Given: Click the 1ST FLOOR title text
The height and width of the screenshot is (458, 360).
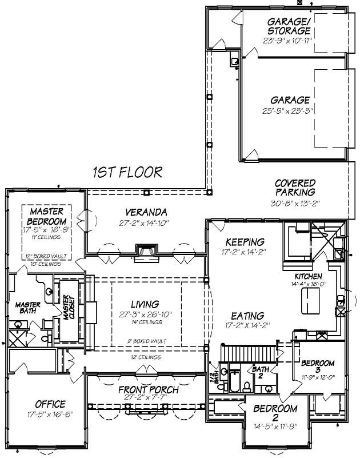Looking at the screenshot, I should [x=127, y=172].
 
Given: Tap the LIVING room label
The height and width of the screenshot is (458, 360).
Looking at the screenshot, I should [x=145, y=304].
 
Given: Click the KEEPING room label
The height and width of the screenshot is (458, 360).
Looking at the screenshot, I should [x=245, y=242].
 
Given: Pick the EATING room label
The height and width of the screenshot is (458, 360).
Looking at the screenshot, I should [x=247, y=316].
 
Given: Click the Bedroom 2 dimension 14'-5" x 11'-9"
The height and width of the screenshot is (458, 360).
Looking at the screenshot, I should [x=275, y=425].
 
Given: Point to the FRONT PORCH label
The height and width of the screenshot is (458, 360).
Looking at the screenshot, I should [x=148, y=390].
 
